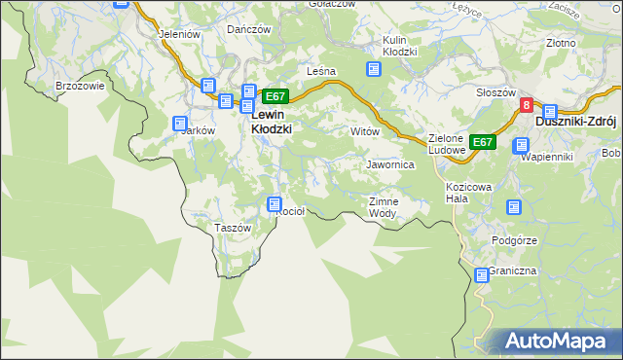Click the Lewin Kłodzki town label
click(272, 120)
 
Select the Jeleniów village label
click(178, 33)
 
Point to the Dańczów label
click(248, 29)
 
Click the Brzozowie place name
click(80, 86)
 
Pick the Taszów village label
click(232, 228)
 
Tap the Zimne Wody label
click(383, 207)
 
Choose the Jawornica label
click(390, 165)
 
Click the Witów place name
click(363, 130)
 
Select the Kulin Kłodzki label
click(399, 46)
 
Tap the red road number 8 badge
click(526, 106)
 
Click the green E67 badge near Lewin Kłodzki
click(275, 96)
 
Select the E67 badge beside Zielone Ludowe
click(483, 142)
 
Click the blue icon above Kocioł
click(275, 204)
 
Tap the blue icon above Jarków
click(180, 124)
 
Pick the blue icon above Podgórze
click(514, 206)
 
